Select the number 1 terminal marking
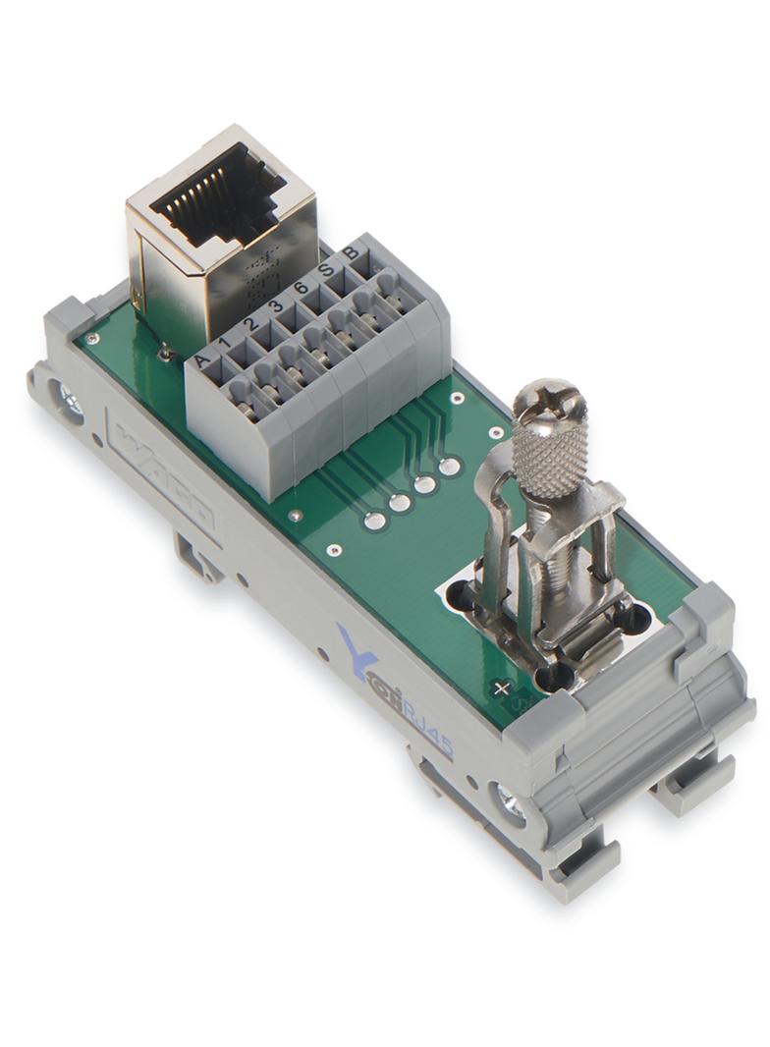pos(227,343)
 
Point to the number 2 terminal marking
pos(250,324)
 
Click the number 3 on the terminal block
pos(276,305)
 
